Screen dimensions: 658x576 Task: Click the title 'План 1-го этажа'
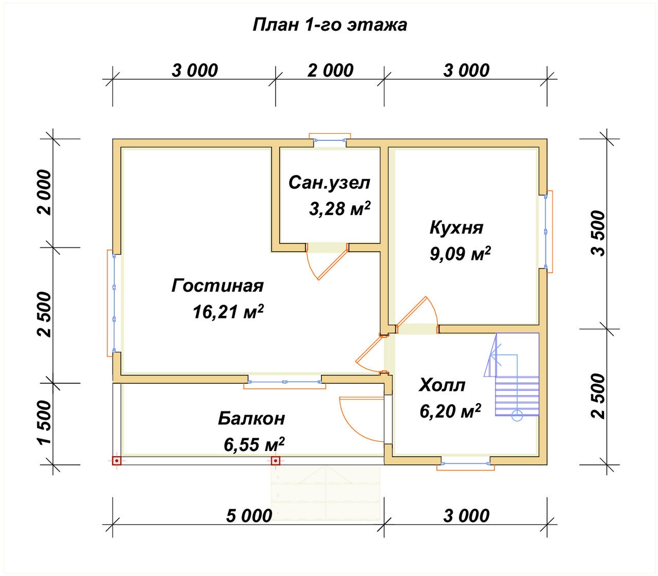tap(330, 25)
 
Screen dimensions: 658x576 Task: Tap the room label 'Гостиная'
tap(217, 285)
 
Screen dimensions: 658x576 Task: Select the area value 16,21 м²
tap(228, 312)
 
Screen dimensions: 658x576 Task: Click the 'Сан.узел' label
tap(330, 183)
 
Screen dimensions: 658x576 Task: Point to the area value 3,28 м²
tap(340, 208)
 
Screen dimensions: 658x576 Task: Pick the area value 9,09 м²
tap(460, 254)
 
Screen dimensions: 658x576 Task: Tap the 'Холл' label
tap(442, 385)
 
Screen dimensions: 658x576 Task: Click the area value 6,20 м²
tap(450, 411)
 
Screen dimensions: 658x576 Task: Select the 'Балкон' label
tap(251, 419)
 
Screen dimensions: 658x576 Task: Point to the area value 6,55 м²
tap(254, 445)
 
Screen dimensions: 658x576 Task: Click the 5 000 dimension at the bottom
tap(249, 516)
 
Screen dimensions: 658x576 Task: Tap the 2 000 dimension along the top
tap(331, 70)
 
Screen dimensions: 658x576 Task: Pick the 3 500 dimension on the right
tap(598, 233)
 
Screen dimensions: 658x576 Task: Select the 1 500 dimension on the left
tap(44, 423)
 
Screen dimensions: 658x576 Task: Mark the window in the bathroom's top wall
tap(330, 140)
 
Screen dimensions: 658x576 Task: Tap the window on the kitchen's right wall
tap(547, 232)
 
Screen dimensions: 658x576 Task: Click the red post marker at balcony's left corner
tap(117, 461)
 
